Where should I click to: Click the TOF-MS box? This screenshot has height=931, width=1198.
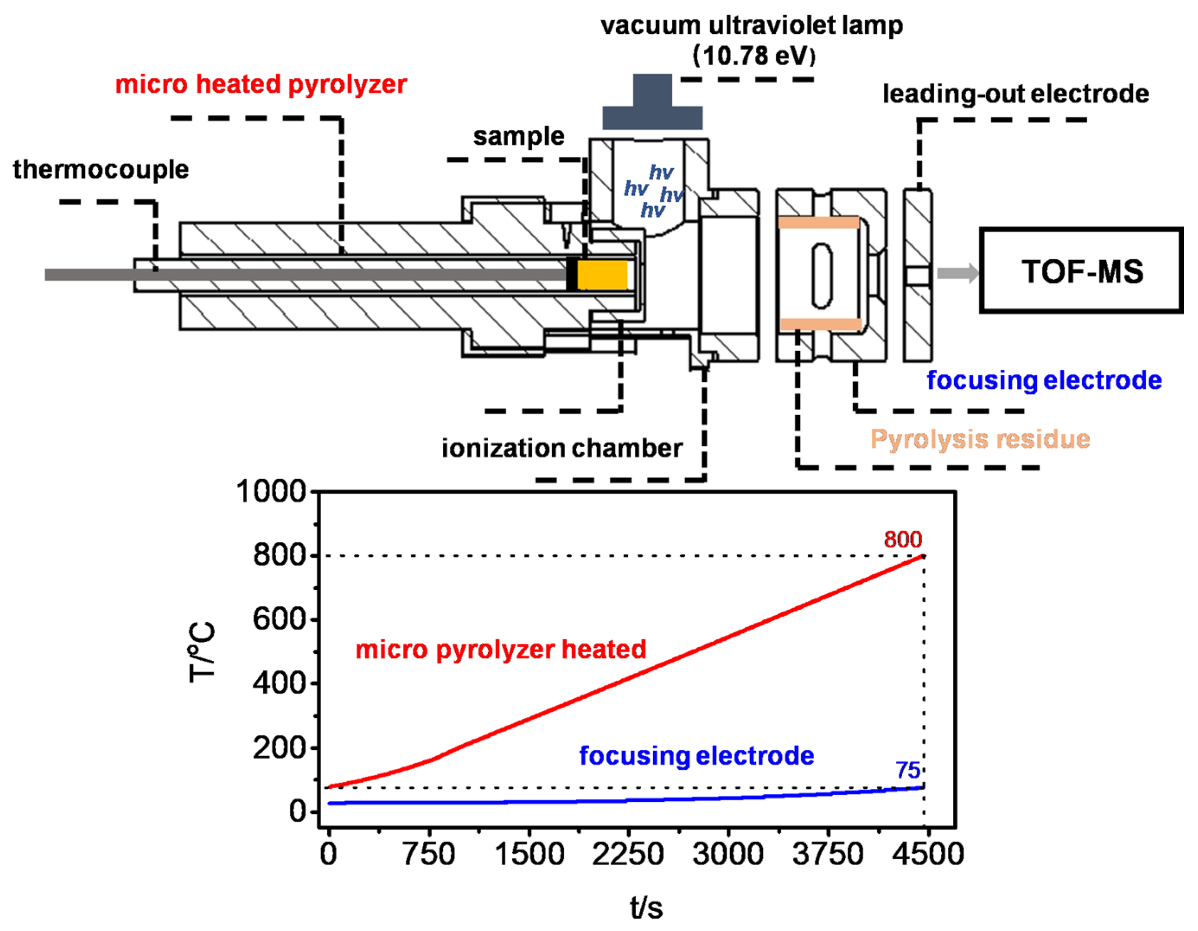coord(1080,271)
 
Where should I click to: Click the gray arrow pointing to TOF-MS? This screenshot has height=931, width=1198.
coord(957,273)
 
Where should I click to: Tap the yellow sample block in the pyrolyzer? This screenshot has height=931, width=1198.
coord(602,274)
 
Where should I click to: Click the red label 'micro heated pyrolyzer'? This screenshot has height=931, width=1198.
coord(261,84)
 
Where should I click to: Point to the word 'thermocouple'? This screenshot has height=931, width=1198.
coord(101,169)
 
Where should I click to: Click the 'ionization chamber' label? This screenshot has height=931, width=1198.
coord(562,448)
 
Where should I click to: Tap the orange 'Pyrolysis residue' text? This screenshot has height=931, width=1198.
coord(980,439)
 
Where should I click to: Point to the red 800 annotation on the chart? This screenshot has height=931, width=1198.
coord(902,539)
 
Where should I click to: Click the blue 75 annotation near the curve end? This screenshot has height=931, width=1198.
coord(908,770)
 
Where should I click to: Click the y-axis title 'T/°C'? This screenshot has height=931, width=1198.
coord(202,652)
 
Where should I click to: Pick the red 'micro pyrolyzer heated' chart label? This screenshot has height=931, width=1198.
coord(500,649)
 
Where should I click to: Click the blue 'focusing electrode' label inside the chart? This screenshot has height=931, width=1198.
coord(696,756)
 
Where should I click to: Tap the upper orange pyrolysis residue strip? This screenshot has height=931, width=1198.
coord(818,222)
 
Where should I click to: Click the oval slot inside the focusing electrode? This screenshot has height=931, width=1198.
coord(822,275)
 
